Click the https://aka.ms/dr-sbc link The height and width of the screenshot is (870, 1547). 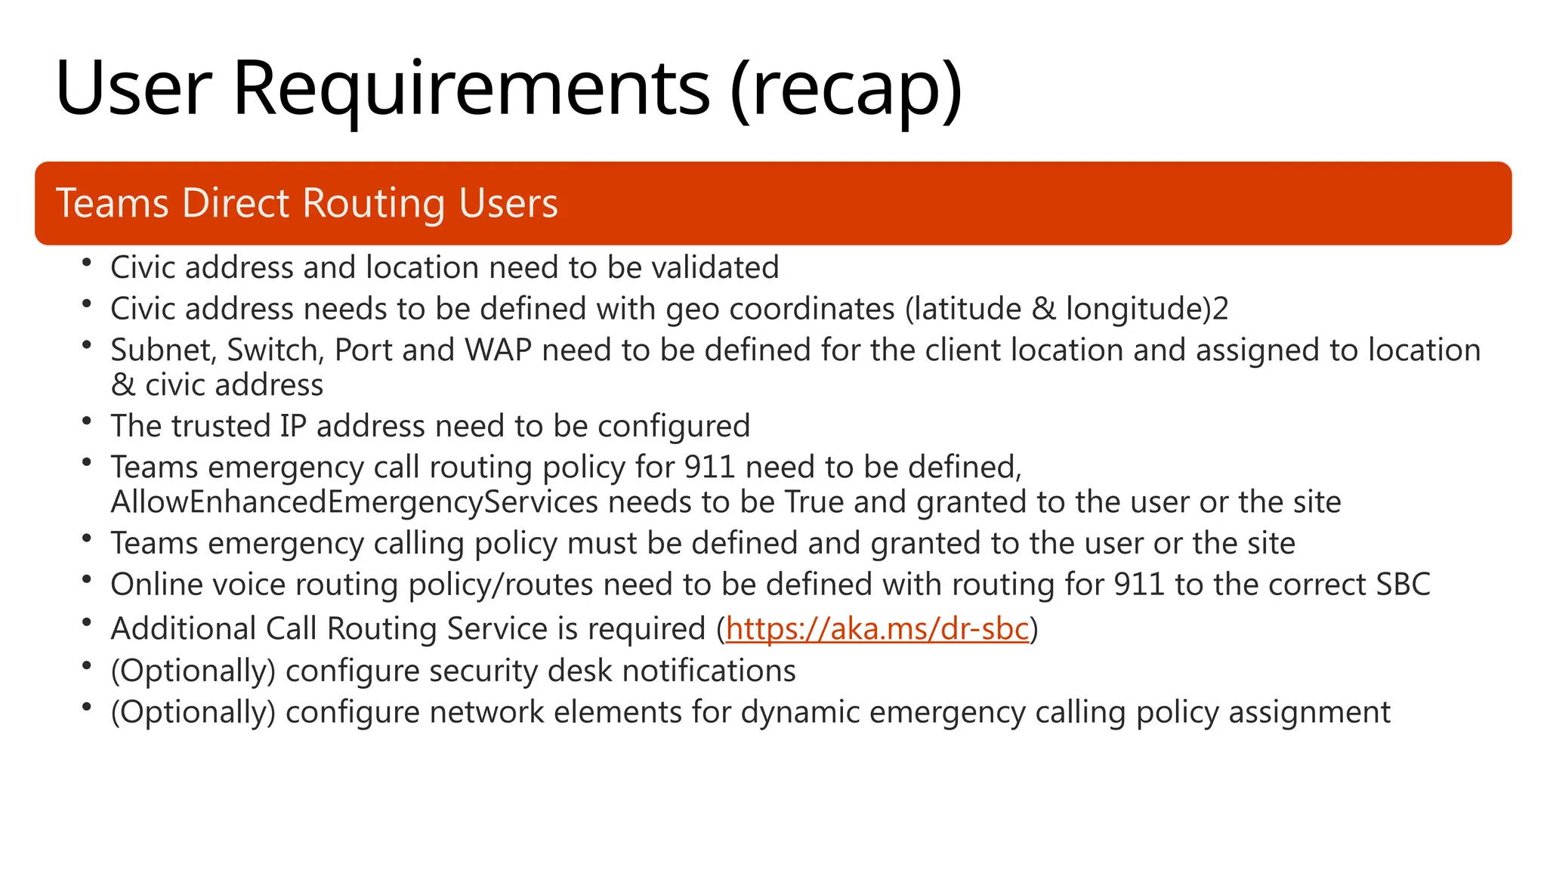coord(877,629)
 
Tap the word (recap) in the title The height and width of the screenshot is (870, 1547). coord(846,89)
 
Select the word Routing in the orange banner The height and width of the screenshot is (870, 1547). coord(372,204)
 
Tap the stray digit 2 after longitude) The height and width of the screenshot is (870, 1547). coord(1221,309)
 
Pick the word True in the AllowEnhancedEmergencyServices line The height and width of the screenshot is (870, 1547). coord(814,502)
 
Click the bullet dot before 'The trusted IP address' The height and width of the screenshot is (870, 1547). coord(87,421)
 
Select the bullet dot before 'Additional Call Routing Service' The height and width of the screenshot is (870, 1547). coord(87,623)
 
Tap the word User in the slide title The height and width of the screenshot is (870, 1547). coord(134,89)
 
